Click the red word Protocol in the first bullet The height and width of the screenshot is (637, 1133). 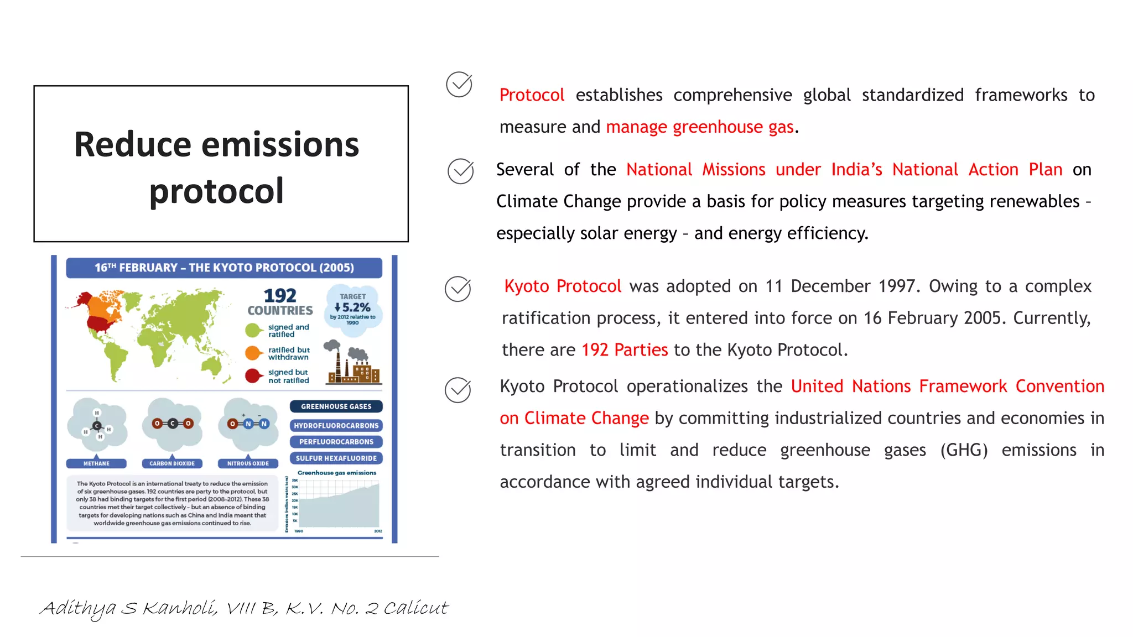click(x=532, y=95)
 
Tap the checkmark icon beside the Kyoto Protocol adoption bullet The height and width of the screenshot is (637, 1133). click(x=458, y=289)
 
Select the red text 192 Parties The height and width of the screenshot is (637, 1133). click(x=625, y=350)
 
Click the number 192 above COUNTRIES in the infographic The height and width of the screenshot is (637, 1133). click(x=280, y=296)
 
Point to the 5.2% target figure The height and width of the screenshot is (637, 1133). click(x=353, y=307)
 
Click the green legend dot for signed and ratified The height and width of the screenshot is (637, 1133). click(x=253, y=331)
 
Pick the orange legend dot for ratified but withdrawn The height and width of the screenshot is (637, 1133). click(x=253, y=353)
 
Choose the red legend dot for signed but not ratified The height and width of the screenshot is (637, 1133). click(x=253, y=376)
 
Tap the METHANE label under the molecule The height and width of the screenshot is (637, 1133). click(x=96, y=463)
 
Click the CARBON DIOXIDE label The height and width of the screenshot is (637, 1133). click(x=172, y=463)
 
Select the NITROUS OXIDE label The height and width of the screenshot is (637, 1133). click(x=248, y=463)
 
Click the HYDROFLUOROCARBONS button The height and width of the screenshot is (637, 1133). click(x=336, y=426)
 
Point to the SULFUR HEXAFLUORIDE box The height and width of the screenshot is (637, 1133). click(x=336, y=458)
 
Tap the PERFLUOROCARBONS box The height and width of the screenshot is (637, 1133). click(x=336, y=442)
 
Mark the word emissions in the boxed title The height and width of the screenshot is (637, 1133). click(x=280, y=145)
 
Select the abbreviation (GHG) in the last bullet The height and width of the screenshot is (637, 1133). click(x=964, y=450)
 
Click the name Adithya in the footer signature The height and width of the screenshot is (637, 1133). click(x=78, y=608)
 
